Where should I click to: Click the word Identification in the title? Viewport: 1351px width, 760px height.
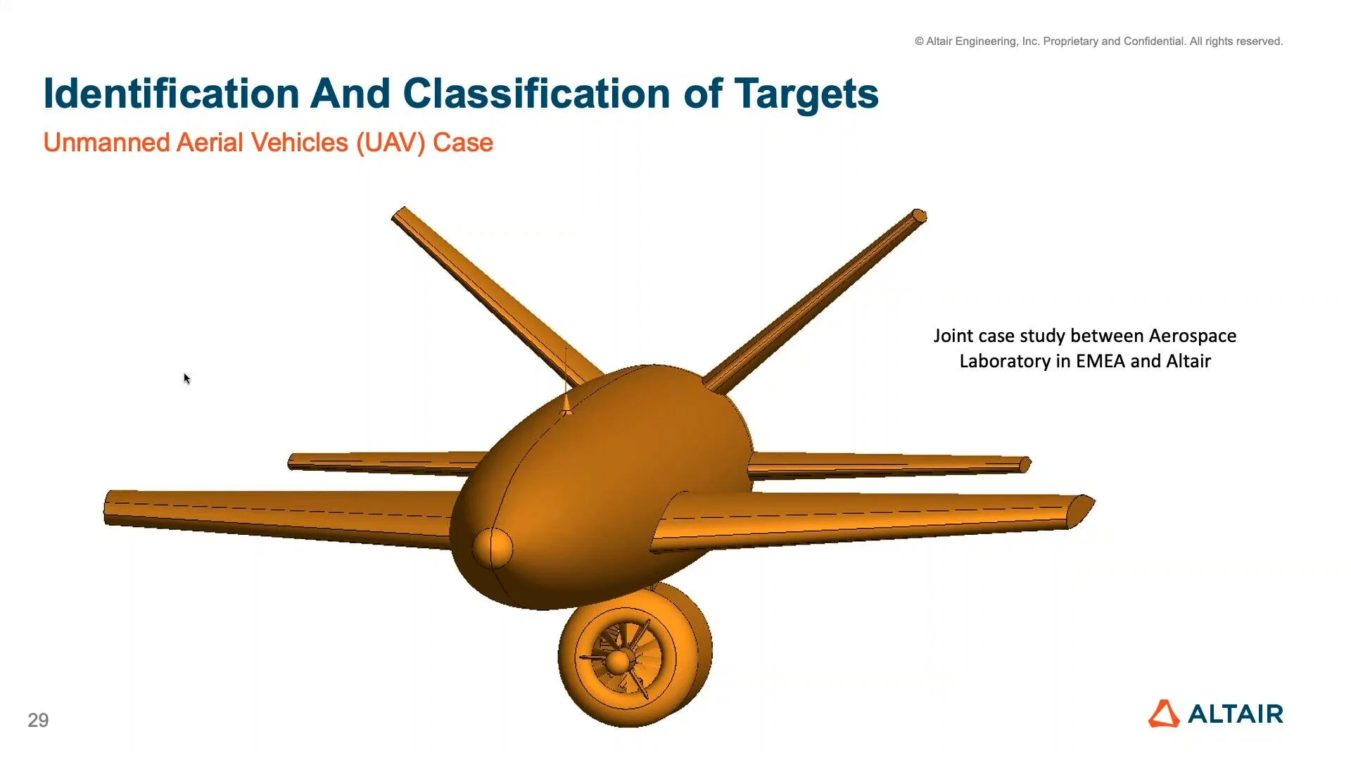(x=172, y=94)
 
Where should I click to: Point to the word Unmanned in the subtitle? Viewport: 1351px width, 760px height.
(x=106, y=143)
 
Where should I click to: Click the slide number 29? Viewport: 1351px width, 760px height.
(x=38, y=721)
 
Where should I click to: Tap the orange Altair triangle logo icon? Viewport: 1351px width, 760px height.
(x=1164, y=714)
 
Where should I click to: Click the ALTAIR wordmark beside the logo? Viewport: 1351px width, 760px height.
(x=1236, y=714)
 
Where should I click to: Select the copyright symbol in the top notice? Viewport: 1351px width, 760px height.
(x=919, y=42)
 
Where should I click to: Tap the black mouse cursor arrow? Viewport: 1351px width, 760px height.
(x=186, y=379)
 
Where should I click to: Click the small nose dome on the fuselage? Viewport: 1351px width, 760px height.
(x=492, y=547)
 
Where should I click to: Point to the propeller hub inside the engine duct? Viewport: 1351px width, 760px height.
(x=618, y=661)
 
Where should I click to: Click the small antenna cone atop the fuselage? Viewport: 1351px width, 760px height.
(x=566, y=404)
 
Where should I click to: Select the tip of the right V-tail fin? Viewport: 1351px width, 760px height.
(x=919, y=215)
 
